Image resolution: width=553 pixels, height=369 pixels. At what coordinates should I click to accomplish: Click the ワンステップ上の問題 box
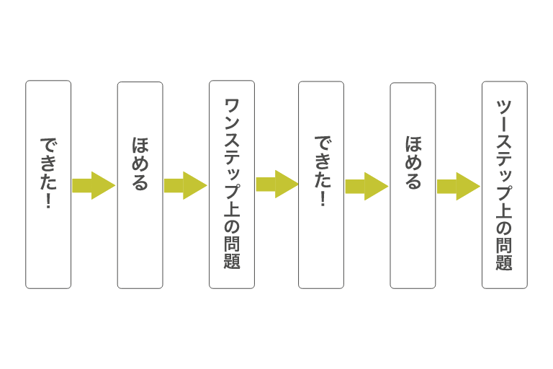(x=231, y=184)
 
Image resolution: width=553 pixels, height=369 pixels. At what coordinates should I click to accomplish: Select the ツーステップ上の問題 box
(x=504, y=184)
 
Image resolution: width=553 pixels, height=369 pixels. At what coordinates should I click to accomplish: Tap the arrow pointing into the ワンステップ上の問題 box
(x=185, y=185)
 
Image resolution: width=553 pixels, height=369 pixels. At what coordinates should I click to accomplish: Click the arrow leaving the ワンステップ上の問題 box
(x=276, y=184)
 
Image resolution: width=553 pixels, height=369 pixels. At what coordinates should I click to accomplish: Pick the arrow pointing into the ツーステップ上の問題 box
(x=458, y=186)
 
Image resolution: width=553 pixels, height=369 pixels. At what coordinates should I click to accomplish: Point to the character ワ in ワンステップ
(x=232, y=107)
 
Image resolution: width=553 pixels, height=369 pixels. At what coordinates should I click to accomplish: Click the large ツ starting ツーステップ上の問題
(x=504, y=107)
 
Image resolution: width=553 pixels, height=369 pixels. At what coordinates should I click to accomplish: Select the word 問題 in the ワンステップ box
(x=232, y=252)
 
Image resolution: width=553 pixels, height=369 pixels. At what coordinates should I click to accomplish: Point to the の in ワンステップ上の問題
(x=232, y=226)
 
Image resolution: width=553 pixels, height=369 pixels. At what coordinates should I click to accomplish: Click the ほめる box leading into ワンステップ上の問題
(x=140, y=184)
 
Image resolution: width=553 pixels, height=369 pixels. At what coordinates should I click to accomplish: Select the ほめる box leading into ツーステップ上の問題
(x=413, y=185)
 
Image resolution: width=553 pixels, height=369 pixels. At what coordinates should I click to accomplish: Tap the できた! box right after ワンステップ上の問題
(x=321, y=184)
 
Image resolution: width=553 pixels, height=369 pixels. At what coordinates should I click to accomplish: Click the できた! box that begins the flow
(x=48, y=184)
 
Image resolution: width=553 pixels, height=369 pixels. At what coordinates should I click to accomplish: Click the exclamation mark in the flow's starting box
(x=48, y=201)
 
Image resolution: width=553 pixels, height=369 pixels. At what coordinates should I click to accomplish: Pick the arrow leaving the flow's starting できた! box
(x=94, y=185)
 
